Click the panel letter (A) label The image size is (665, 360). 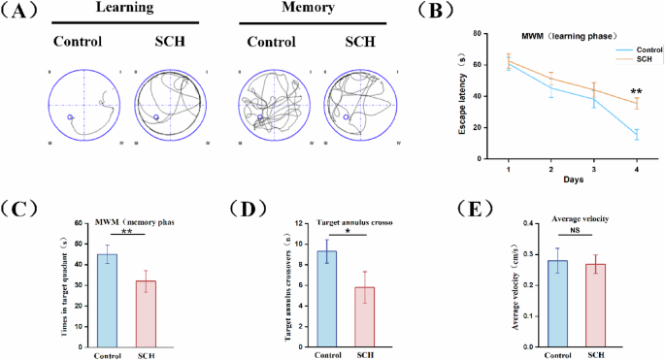[x=21, y=12]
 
